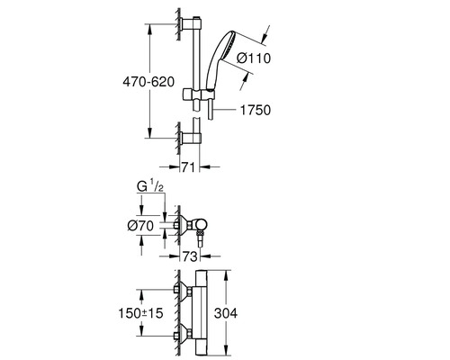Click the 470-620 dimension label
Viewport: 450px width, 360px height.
[x=148, y=82]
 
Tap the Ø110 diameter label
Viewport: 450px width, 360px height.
[x=254, y=58]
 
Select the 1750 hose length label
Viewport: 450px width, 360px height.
[x=256, y=110]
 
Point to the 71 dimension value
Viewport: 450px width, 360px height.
[x=189, y=167]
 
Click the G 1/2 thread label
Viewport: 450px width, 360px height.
[x=150, y=186]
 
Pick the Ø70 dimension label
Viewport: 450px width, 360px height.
[x=140, y=226]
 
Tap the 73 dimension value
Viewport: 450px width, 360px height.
[x=190, y=256]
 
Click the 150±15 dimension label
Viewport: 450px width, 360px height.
[x=140, y=313]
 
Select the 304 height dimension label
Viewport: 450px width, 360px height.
[x=226, y=313]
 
